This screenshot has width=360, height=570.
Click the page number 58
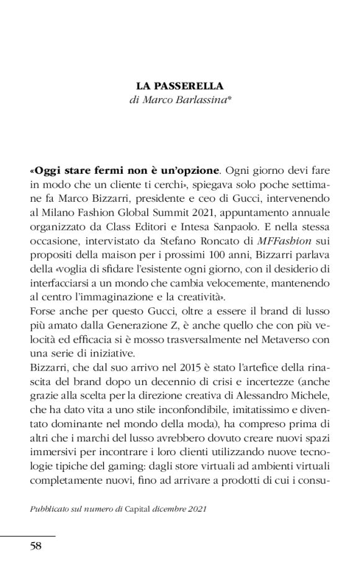pyautogui.click(x=36, y=546)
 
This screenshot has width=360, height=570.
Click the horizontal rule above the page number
pyautogui.click(x=27, y=535)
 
